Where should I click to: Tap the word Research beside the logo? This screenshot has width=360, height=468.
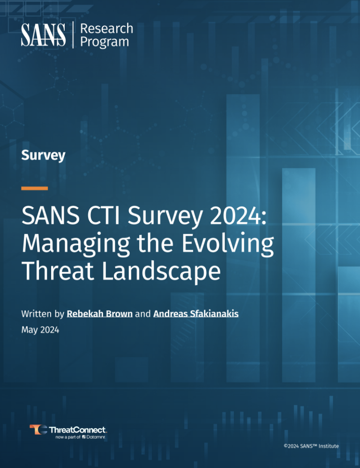click(x=107, y=29)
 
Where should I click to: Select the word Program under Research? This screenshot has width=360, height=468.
click(x=105, y=42)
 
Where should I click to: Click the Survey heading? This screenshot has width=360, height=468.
click(x=43, y=155)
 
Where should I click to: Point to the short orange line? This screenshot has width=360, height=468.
click(x=35, y=188)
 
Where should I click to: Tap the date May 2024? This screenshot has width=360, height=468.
click(x=40, y=330)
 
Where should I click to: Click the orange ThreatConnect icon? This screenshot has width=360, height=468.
click(x=38, y=430)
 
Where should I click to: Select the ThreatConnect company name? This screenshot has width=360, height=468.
click(x=78, y=430)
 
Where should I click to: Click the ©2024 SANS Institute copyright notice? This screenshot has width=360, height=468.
click(x=311, y=446)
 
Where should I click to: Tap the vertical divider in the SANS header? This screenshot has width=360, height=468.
click(x=74, y=35)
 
